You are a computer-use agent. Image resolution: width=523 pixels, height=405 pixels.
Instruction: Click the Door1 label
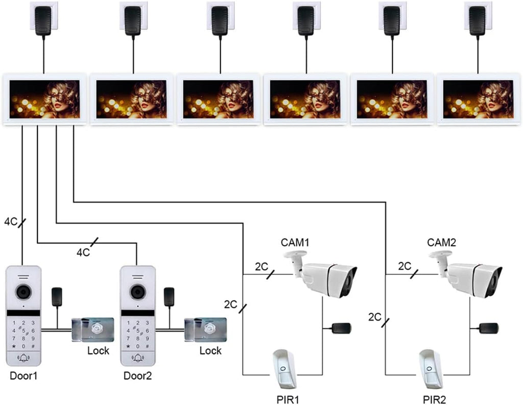(x=23, y=376)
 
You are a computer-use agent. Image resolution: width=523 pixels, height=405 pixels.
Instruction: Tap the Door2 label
(x=137, y=376)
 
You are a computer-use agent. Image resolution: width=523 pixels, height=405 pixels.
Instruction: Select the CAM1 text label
(x=295, y=242)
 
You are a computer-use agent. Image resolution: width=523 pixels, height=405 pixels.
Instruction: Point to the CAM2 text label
(x=441, y=242)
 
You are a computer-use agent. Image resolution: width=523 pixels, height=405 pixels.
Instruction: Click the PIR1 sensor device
(x=283, y=369)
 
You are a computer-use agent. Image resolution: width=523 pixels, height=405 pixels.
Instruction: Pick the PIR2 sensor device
(x=431, y=369)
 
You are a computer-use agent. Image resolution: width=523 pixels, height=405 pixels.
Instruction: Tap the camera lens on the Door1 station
(x=23, y=293)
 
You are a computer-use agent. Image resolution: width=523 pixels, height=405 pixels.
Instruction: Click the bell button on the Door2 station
(x=138, y=359)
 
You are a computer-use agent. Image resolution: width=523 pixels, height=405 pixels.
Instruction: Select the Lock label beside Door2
(x=210, y=351)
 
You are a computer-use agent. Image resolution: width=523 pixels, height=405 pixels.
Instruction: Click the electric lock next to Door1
(x=93, y=329)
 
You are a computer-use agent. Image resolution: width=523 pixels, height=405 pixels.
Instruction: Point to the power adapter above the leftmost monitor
(x=43, y=20)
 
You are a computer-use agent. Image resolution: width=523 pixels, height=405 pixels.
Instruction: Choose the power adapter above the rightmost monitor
(x=478, y=20)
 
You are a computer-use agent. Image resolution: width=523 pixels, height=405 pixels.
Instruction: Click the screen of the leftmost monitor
(x=45, y=99)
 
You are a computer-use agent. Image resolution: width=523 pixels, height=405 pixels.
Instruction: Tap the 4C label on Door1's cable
(x=11, y=221)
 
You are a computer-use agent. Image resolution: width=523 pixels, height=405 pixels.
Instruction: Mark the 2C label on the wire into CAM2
(x=405, y=266)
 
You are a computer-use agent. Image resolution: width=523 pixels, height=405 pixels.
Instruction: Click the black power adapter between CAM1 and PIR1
(x=341, y=328)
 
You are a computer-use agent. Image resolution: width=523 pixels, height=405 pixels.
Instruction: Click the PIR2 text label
(x=434, y=399)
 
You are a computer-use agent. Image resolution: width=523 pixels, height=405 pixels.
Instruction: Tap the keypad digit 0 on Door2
(x=138, y=347)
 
